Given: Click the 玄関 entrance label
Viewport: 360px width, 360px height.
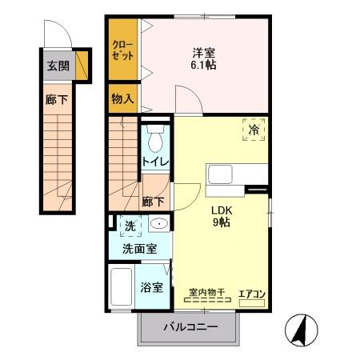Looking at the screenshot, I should point(57,66).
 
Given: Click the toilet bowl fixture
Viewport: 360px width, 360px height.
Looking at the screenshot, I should point(155,139).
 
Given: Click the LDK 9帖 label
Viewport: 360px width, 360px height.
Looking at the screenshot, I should point(222,216).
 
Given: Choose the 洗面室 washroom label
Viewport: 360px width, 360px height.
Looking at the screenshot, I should point(139,249).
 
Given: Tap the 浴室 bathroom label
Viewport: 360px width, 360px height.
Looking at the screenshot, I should point(153,286).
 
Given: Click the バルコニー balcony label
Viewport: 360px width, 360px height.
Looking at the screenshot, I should point(190,327).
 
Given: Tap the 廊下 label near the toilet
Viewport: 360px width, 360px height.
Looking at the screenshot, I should point(154,203).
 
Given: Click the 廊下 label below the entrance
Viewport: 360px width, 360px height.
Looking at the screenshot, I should point(57,101).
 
